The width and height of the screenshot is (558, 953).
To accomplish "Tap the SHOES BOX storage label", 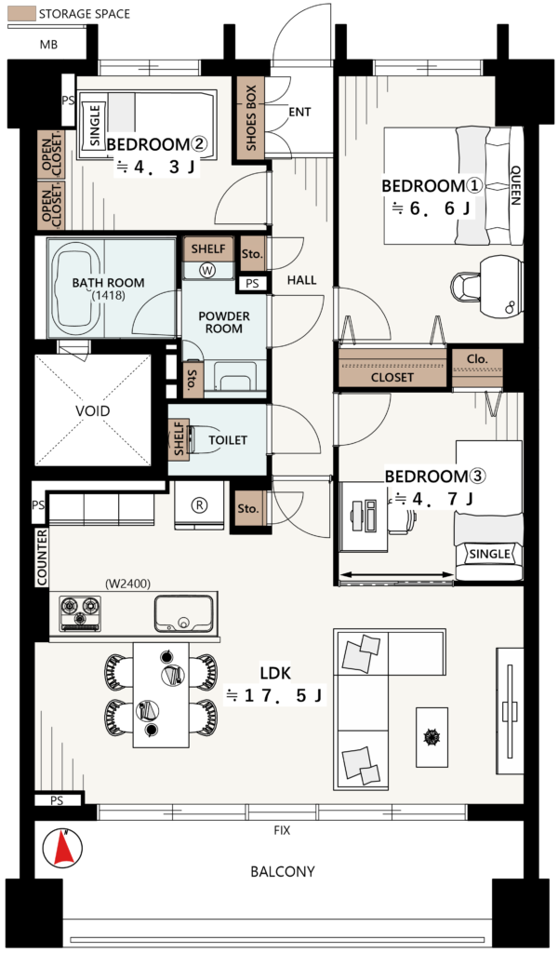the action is pyautogui.click(x=251, y=118).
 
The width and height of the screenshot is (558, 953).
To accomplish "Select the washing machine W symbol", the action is pyautogui.click(x=207, y=271).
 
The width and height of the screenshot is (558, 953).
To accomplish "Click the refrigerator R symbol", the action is pyautogui.click(x=199, y=504).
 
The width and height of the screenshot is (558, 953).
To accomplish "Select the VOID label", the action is pyautogui.click(x=92, y=410).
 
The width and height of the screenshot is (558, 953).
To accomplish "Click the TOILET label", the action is pyautogui.click(x=228, y=440).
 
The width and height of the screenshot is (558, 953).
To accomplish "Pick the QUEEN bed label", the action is pyautogui.click(x=515, y=185).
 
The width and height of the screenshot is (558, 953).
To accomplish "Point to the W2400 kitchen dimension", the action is pyautogui.click(x=127, y=584).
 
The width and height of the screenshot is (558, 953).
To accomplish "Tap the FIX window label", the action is pyautogui.click(x=282, y=830).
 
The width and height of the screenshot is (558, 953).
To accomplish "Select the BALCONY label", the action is pyautogui.click(x=283, y=871).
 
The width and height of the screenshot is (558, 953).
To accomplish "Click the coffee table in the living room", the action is pyautogui.click(x=432, y=737).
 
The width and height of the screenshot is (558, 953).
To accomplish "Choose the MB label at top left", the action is pyautogui.click(x=48, y=45).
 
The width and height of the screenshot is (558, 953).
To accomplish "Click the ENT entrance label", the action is pyautogui.click(x=299, y=112).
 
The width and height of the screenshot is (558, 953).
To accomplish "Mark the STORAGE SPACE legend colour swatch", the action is pyautogui.click(x=21, y=14).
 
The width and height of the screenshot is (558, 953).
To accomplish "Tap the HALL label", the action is pyautogui.click(x=301, y=279).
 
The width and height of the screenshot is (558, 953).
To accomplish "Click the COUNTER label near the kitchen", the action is pyautogui.click(x=42, y=557).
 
